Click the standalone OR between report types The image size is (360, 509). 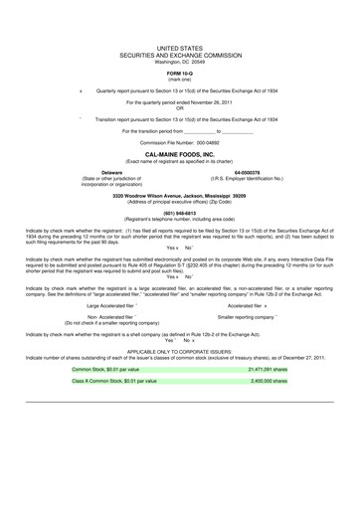pyautogui.click(x=180, y=108)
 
